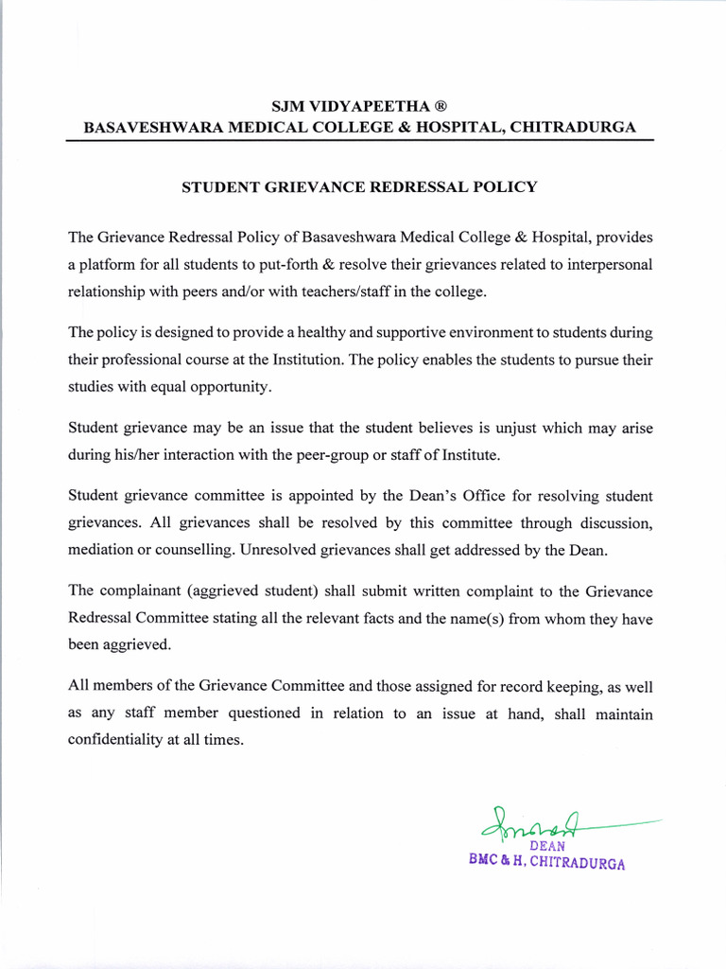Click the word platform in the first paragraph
(x=109, y=264)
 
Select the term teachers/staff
(x=334, y=291)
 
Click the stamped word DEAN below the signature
(x=547, y=846)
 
